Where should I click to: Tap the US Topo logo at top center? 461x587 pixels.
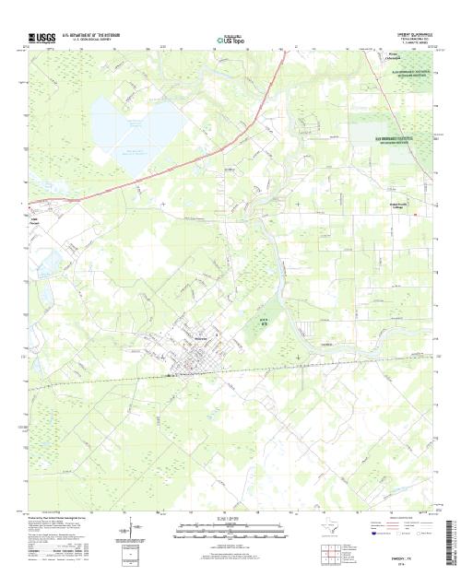tap(231, 41)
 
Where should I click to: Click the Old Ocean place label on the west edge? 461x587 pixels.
tap(37, 217)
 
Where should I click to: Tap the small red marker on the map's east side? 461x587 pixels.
tap(416, 215)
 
